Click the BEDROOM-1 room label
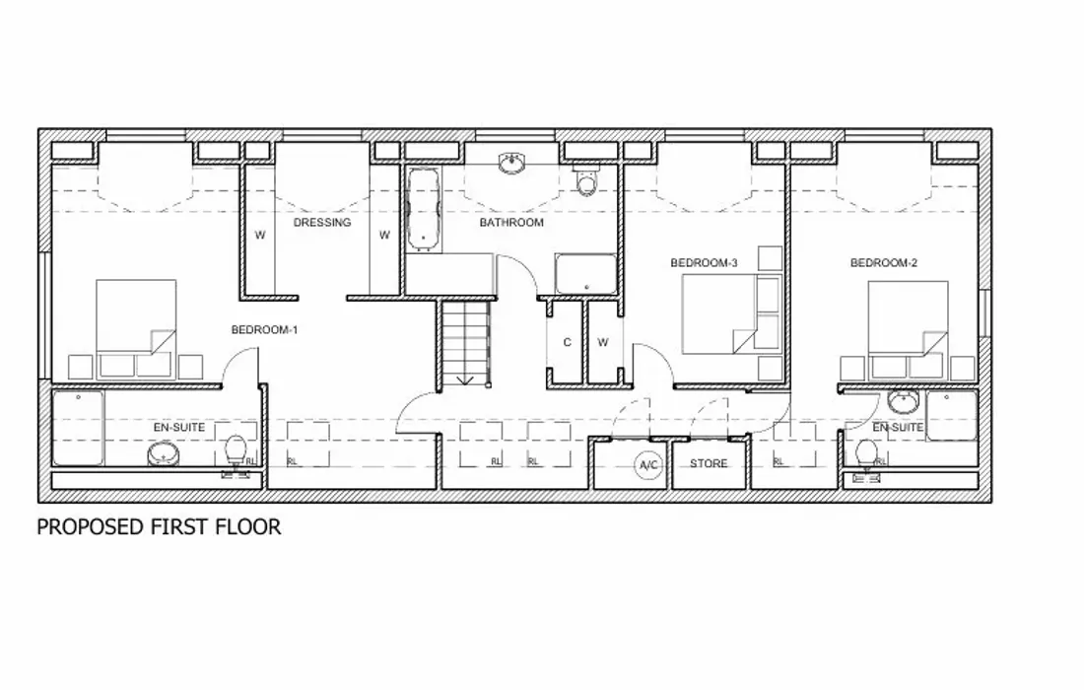(x=264, y=330)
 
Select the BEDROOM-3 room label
(x=704, y=263)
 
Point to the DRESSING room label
(x=322, y=223)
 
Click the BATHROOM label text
(x=511, y=223)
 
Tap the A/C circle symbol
(x=648, y=464)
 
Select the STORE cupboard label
(x=709, y=464)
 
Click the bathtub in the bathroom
(x=423, y=208)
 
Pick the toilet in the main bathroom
(x=586, y=182)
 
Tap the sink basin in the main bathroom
(x=511, y=164)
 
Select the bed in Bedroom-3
(x=721, y=313)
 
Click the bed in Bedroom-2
(x=908, y=317)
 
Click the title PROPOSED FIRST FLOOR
(x=159, y=527)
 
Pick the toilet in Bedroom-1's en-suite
(x=236, y=450)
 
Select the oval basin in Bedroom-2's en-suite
(x=902, y=402)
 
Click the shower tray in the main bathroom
(x=585, y=274)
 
